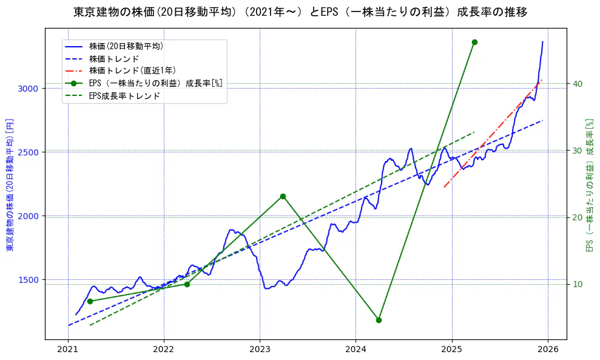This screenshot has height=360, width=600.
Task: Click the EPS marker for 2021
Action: click(90, 301)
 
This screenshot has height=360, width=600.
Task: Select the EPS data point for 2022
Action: click(187, 284)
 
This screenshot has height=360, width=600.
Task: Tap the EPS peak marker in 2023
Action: click(283, 196)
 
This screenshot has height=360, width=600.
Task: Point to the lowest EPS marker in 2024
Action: click(379, 320)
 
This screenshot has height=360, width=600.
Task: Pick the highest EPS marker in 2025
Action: click(474, 42)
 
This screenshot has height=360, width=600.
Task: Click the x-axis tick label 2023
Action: click(260, 350)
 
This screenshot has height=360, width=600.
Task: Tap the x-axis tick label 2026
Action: click(548, 350)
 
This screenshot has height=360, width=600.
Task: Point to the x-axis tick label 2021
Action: click(68, 350)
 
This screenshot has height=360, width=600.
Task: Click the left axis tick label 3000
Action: click(29, 89)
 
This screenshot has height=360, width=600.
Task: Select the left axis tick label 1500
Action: click(29, 280)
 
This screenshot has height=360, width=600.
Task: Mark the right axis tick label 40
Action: click(578, 84)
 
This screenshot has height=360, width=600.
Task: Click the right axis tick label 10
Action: click(578, 284)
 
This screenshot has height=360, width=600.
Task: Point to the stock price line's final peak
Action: click(542, 42)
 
